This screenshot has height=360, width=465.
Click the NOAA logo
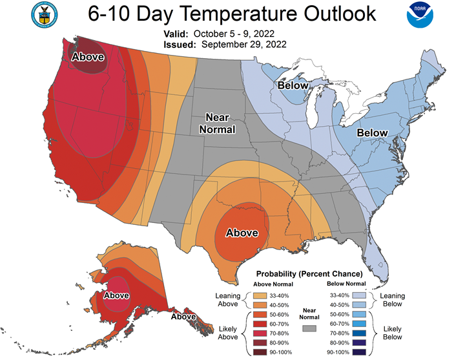(x=420, y=15)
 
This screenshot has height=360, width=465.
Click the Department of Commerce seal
(x=45, y=15)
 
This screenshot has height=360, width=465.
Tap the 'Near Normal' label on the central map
(x=218, y=123)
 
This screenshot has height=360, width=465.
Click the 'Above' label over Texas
(x=242, y=233)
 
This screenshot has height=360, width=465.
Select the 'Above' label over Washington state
(x=88, y=57)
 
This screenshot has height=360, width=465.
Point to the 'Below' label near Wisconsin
(x=293, y=85)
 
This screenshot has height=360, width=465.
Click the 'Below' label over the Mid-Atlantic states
(x=372, y=132)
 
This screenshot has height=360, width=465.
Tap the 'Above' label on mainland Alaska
(x=116, y=295)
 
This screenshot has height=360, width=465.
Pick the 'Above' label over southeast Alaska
(x=183, y=317)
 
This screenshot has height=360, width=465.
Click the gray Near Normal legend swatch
(x=309, y=328)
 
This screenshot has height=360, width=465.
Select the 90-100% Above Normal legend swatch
(x=260, y=352)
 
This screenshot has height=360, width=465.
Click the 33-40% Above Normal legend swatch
(x=260, y=295)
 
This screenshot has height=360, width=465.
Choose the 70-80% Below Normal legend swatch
(x=359, y=334)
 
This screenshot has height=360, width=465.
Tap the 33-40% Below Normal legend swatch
(x=359, y=295)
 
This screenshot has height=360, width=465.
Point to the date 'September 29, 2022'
(x=244, y=45)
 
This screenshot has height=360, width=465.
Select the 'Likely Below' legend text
(x=393, y=333)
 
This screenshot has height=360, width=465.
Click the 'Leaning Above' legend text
(x=228, y=300)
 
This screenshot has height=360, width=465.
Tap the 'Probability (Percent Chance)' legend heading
(x=309, y=273)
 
